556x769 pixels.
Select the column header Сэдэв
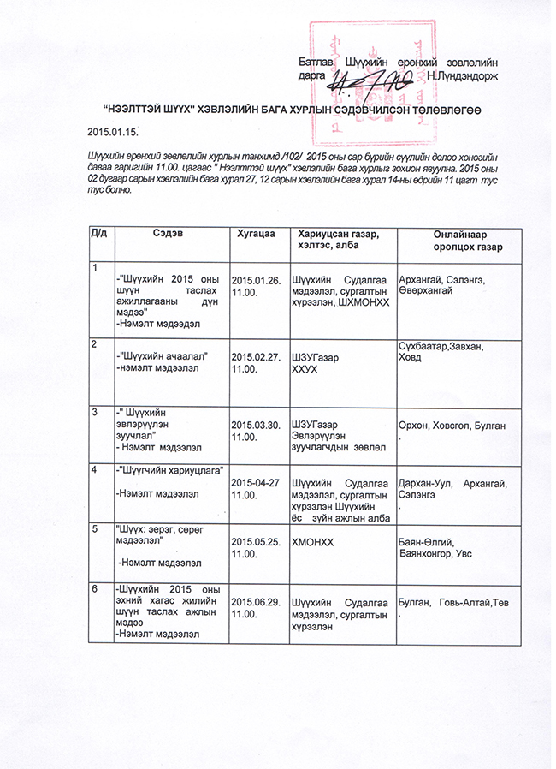pos(167,233)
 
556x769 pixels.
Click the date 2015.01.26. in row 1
pos(257,280)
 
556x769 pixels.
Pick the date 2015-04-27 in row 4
pos(257,483)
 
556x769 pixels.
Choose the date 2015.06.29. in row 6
pos(257,601)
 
